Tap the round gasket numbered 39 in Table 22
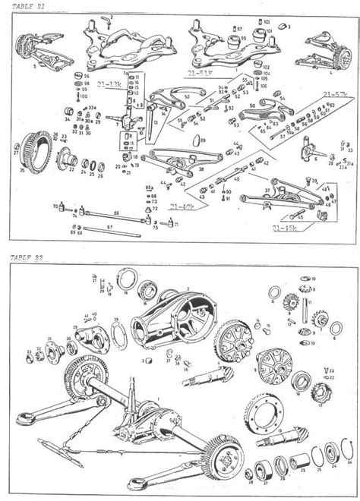[x=119, y=331]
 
